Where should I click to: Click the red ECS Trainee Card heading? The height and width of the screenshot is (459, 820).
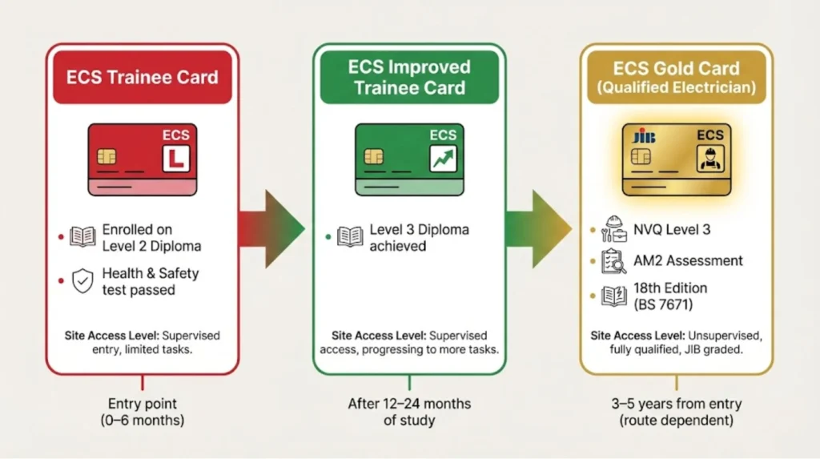[143, 78]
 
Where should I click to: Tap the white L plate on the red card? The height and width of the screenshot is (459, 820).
[175, 159]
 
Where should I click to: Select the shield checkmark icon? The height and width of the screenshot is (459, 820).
[82, 281]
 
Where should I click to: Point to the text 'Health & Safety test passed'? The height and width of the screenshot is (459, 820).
[150, 281]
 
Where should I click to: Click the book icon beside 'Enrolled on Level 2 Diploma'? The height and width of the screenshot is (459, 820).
[82, 237]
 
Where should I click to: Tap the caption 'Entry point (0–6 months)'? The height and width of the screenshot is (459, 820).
[143, 412]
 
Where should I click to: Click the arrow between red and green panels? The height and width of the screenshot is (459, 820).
[272, 230]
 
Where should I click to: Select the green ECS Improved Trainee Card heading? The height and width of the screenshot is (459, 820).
[408, 77]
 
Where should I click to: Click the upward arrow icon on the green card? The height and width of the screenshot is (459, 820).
[442, 159]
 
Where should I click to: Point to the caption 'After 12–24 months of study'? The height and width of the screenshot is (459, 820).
[409, 412]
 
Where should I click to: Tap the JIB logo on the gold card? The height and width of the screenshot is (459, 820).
[643, 137]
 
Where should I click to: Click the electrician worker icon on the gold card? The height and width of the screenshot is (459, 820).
[709, 159]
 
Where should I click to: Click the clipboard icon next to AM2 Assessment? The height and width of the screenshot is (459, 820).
[613, 260]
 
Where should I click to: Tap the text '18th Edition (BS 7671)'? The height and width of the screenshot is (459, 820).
[670, 296]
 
